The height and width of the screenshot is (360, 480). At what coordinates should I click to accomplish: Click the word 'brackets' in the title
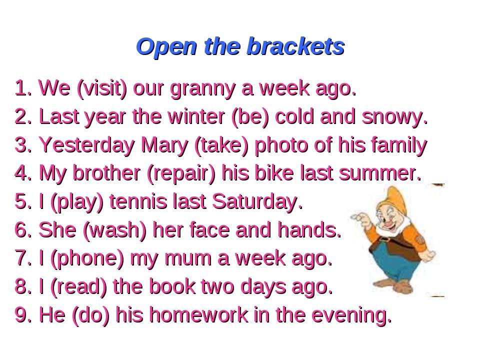[295, 46]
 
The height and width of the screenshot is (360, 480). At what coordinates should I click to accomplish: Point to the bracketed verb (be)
[250, 117]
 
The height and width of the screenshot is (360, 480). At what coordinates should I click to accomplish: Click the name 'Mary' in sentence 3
[164, 145]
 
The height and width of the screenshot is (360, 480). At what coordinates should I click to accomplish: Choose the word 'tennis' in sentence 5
[138, 201]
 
